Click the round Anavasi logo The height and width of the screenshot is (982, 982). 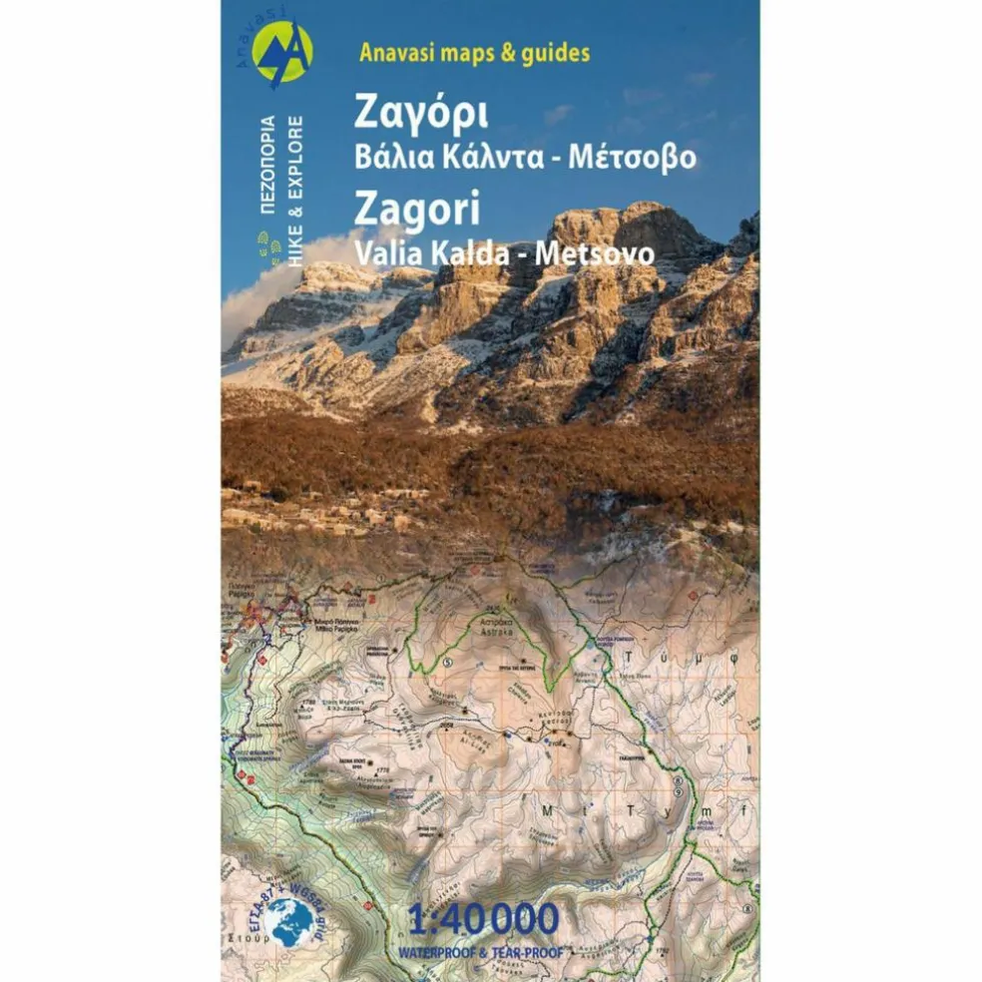282,52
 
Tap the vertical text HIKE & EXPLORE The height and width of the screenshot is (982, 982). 296,191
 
